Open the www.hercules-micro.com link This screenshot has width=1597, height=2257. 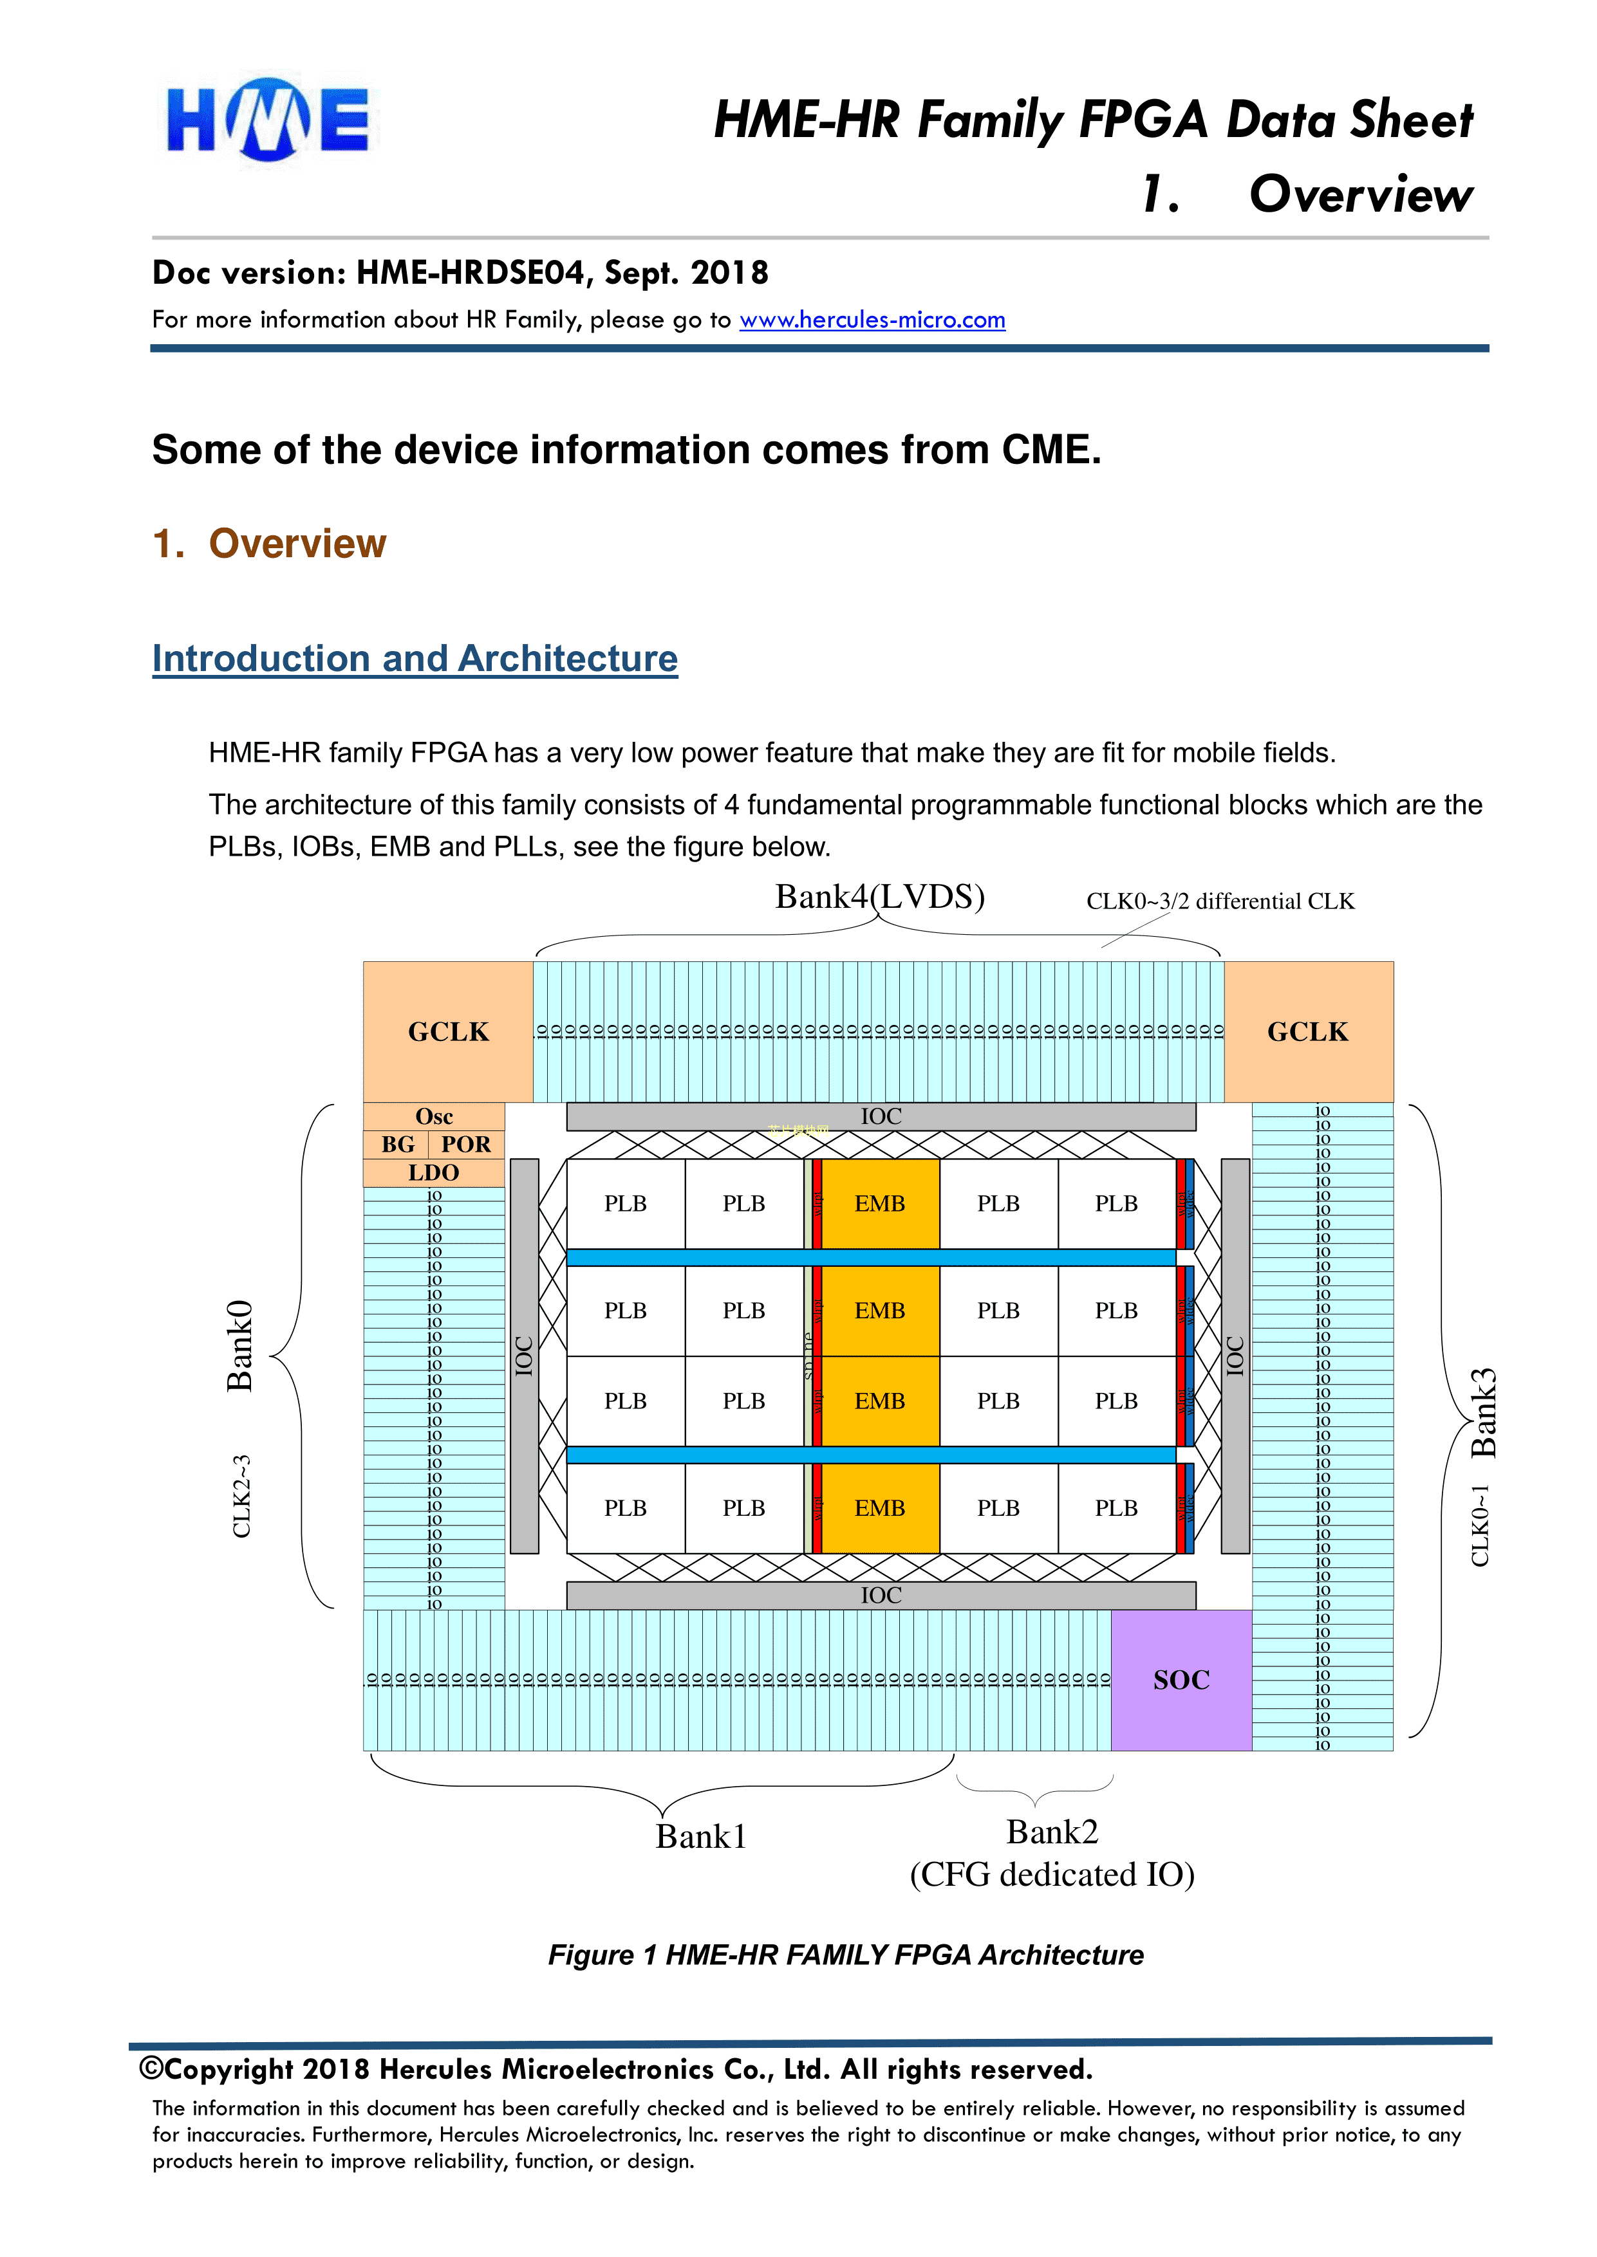tap(872, 320)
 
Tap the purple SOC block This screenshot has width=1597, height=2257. tap(1181, 1679)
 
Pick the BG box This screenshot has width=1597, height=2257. tap(397, 1144)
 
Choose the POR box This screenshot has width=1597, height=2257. tap(465, 1144)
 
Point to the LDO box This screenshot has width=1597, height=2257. tap(434, 1173)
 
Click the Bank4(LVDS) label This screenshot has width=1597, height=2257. tap(879, 896)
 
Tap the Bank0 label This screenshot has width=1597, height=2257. tap(240, 1345)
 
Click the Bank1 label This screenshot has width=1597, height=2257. tap(700, 1836)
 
